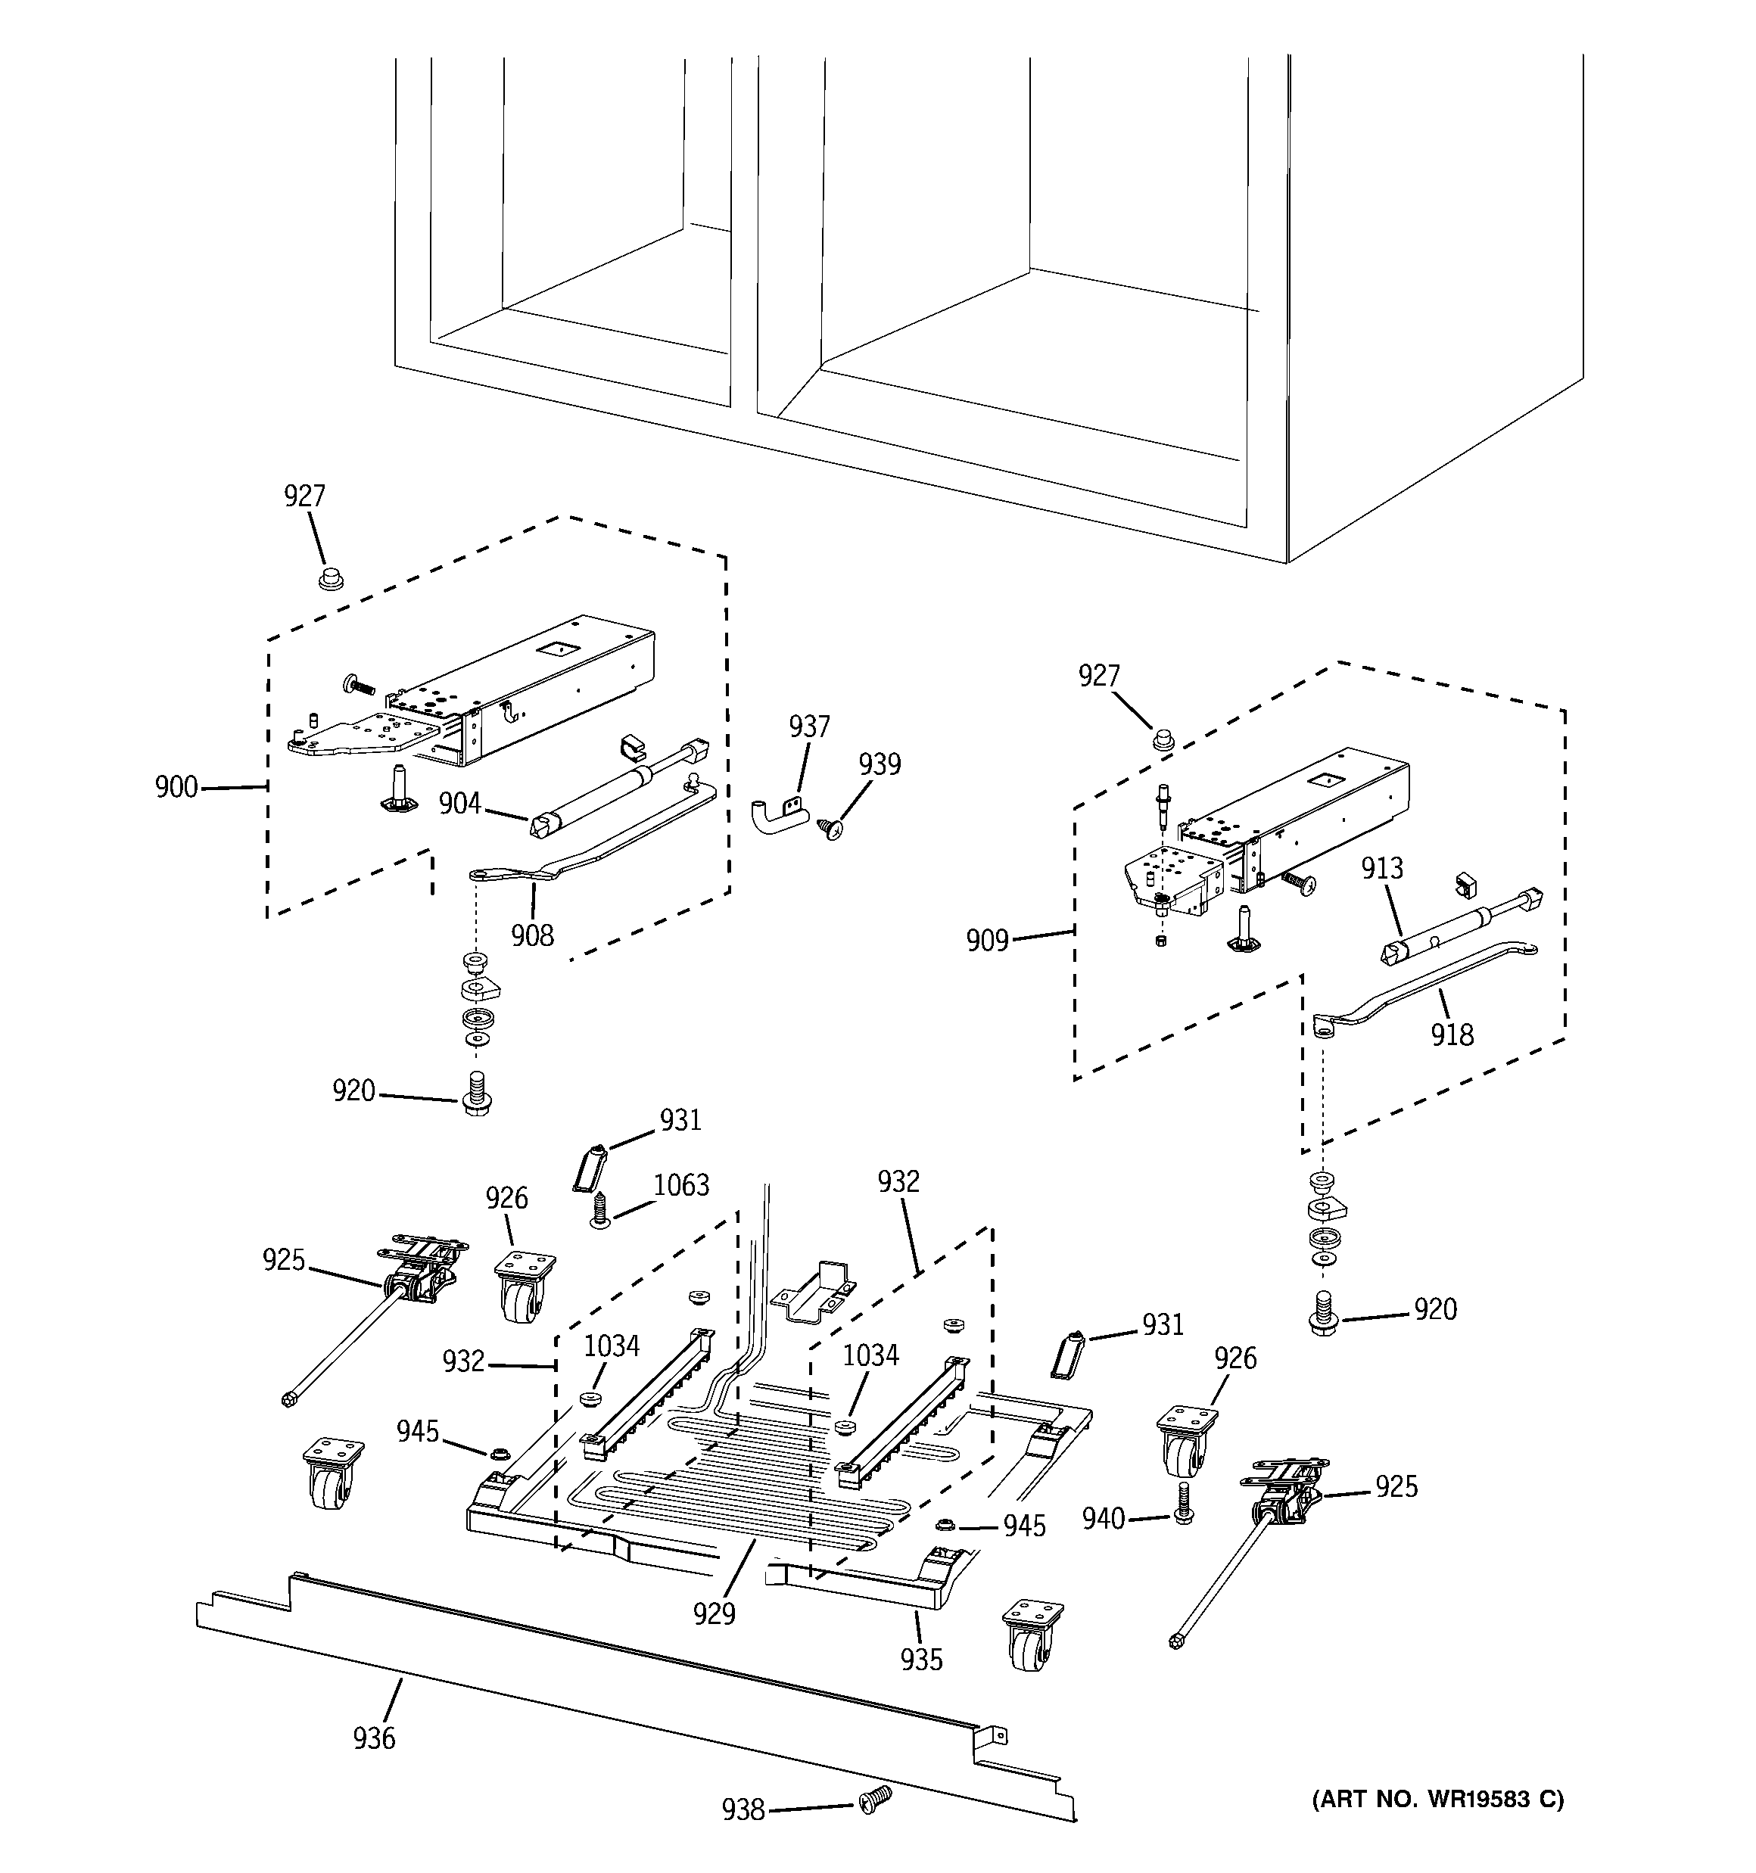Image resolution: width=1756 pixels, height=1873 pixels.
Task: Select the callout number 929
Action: click(x=714, y=1615)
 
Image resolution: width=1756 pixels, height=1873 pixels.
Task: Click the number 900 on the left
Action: click(x=176, y=787)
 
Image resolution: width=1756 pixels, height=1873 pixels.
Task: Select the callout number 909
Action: click(x=987, y=940)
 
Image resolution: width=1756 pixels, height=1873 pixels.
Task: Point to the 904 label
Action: click(x=459, y=804)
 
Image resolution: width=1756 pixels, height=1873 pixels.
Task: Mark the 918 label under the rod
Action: click(x=1452, y=1035)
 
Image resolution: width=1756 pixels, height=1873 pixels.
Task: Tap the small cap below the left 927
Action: click(x=329, y=577)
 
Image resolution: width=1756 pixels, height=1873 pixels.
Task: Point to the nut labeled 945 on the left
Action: click(x=500, y=1454)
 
